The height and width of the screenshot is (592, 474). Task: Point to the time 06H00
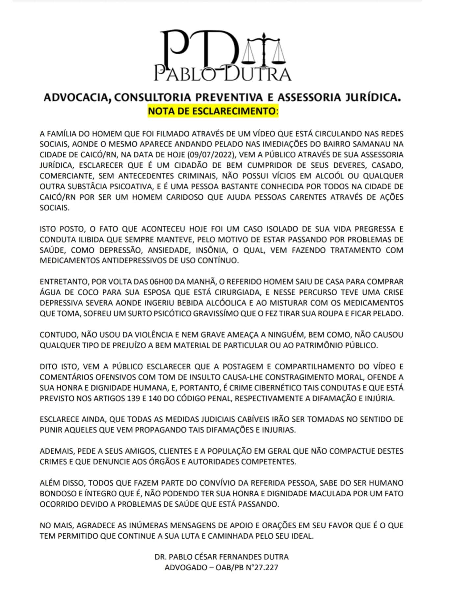(x=162, y=282)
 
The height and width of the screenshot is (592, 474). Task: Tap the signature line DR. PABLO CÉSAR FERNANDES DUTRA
(x=222, y=557)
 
